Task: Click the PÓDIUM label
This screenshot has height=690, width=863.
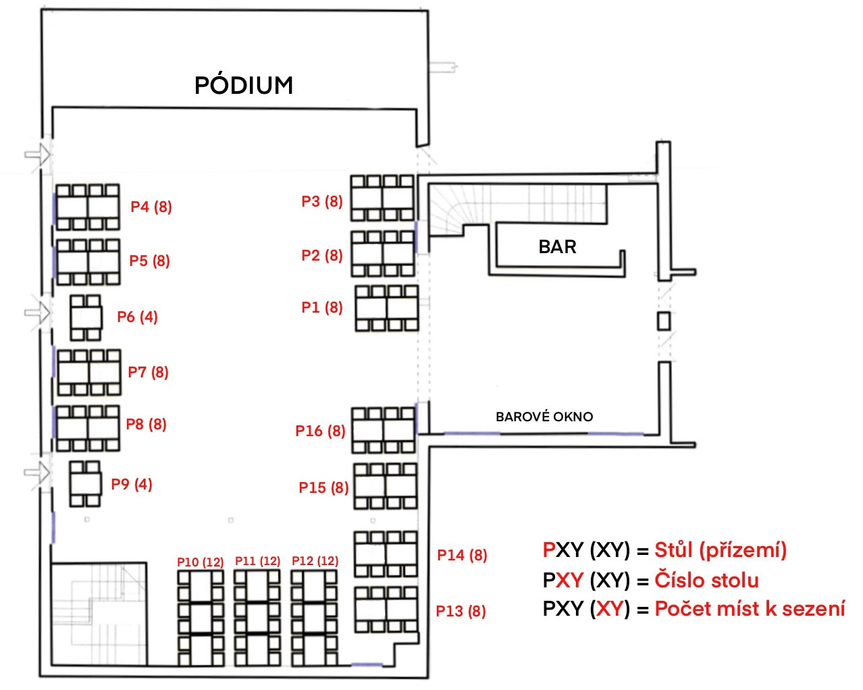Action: (x=244, y=85)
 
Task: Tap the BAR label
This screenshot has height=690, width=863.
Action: (x=557, y=246)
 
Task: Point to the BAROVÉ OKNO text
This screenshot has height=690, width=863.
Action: (x=544, y=417)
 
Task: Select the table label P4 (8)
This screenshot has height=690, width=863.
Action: (x=151, y=207)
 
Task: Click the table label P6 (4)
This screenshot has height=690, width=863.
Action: (x=137, y=317)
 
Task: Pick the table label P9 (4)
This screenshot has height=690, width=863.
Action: (x=132, y=484)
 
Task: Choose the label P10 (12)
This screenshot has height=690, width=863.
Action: (x=200, y=562)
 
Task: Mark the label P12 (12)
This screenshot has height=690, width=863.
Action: (x=315, y=560)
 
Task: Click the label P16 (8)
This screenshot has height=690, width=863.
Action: (x=320, y=431)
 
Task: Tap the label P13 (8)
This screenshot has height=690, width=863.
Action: (x=461, y=611)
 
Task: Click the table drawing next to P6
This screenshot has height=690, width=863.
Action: (x=86, y=317)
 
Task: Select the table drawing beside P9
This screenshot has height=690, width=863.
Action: (x=85, y=483)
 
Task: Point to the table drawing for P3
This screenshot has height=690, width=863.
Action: (x=382, y=198)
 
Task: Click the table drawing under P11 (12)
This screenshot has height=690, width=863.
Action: (x=257, y=618)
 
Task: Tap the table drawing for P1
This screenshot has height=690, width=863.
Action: (x=387, y=309)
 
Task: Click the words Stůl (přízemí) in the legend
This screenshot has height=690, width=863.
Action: (x=721, y=550)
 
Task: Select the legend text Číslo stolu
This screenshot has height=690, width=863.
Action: (x=706, y=580)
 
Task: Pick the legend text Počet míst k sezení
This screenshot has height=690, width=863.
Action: (x=750, y=609)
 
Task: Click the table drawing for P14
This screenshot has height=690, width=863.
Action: (x=386, y=554)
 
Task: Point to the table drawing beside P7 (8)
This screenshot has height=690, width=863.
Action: (x=89, y=372)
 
